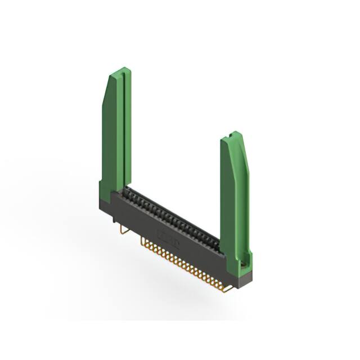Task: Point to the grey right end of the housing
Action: pyautogui.click(x=243, y=276)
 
